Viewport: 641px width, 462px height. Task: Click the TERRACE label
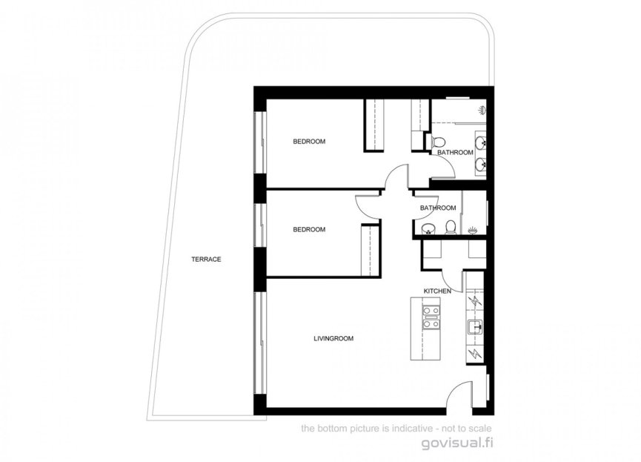(x=206, y=260)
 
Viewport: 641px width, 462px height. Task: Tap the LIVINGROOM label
(x=333, y=339)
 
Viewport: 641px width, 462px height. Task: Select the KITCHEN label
(x=437, y=291)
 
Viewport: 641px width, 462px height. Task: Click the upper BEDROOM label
(x=308, y=142)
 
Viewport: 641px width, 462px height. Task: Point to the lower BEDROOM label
(x=308, y=230)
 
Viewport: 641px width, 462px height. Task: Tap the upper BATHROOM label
(x=454, y=153)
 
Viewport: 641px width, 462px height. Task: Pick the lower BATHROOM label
(x=438, y=208)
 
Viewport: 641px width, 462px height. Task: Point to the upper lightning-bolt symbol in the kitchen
(x=474, y=302)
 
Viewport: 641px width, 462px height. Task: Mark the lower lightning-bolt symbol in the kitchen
(x=474, y=354)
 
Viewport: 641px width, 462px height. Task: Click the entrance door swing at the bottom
(x=460, y=394)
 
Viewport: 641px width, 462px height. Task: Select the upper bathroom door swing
(x=443, y=168)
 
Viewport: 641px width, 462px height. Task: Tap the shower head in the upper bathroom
(x=482, y=110)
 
